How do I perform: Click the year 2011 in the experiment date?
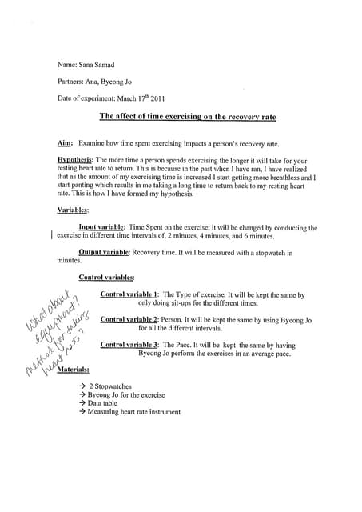(x=153, y=98)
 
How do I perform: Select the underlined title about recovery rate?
(x=187, y=117)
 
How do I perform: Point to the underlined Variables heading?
(x=73, y=210)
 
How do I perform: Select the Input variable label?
(x=101, y=228)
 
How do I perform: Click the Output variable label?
(x=104, y=253)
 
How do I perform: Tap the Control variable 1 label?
(x=129, y=295)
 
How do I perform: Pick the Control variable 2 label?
(x=129, y=320)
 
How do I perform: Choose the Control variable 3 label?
(x=129, y=345)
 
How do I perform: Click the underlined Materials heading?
(x=73, y=370)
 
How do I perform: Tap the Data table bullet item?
(x=101, y=404)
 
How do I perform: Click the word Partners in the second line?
(x=74, y=81)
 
